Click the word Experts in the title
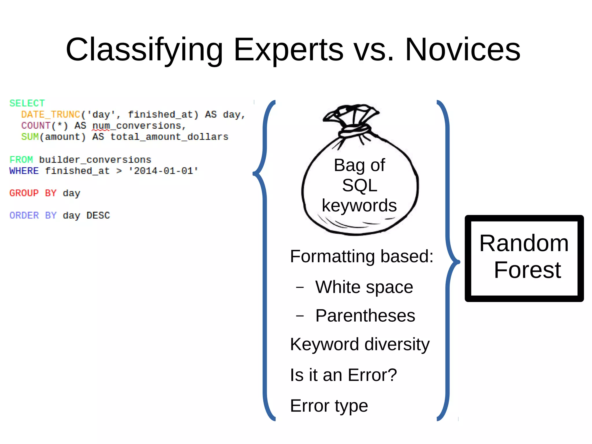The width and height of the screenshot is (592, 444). pyautogui.click(x=288, y=50)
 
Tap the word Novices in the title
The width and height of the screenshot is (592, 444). pyautogui.click(x=462, y=50)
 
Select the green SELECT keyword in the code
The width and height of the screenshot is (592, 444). pyautogui.click(x=27, y=103)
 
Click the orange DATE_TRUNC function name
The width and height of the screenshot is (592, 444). pyautogui.click(x=51, y=115)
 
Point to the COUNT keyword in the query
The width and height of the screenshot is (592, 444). pyautogui.click(x=36, y=126)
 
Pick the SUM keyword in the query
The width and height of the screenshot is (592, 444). pyautogui.click(x=30, y=137)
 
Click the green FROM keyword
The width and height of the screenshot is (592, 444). pyautogui.click(x=21, y=160)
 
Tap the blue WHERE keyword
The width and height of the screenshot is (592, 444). pyautogui.click(x=24, y=171)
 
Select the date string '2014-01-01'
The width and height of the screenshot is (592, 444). pyautogui.click(x=163, y=171)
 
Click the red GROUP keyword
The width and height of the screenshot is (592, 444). pyautogui.click(x=24, y=193)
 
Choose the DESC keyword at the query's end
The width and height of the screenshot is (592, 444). pyautogui.click(x=98, y=215)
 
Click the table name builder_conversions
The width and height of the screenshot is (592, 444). pyautogui.click(x=95, y=160)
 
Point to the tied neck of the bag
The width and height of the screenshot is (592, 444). pyautogui.click(x=354, y=130)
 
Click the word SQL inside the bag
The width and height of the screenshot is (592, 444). pyautogui.click(x=360, y=185)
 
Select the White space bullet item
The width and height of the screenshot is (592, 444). pyautogui.click(x=364, y=287)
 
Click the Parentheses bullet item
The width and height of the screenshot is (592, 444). pyautogui.click(x=365, y=315)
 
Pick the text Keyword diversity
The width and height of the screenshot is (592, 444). pyautogui.click(x=360, y=344)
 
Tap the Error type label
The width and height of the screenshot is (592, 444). pyautogui.click(x=329, y=406)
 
